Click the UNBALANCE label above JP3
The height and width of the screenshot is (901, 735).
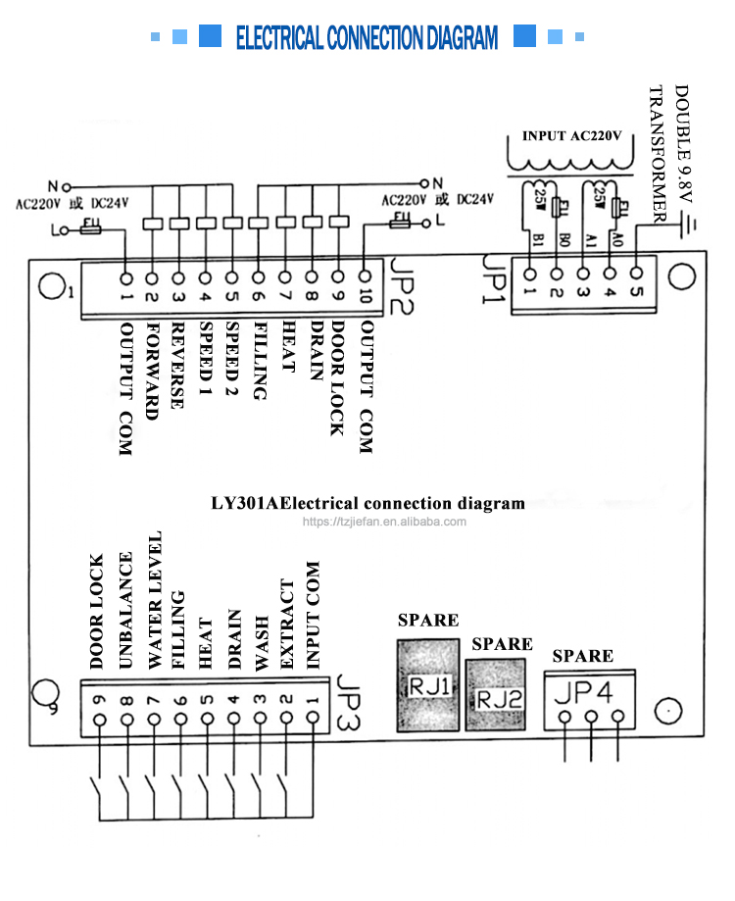[125, 611]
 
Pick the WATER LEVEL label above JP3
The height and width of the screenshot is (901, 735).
[153, 600]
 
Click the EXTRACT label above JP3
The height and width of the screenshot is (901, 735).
[286, 625]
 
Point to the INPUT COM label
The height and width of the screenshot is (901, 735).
[313, 618]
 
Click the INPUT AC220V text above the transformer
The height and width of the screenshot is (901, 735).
[571, 136]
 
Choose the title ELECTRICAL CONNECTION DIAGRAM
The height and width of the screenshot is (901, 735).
[367, 39]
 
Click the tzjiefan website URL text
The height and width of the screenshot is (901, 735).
[384, 523]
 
